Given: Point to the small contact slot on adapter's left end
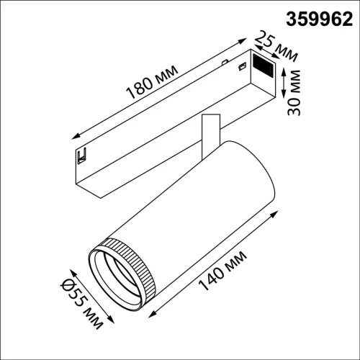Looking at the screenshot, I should [x=83, y=154].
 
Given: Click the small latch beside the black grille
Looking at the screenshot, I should [x=242, y=68].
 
